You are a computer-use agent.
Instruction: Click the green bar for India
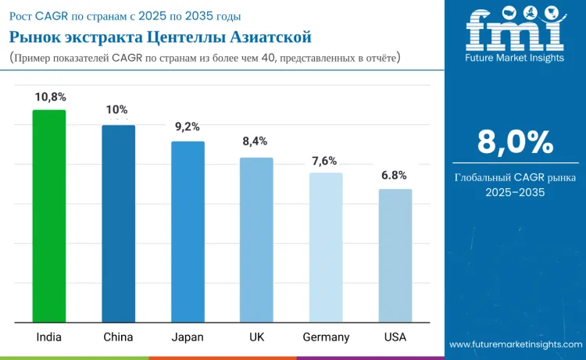click(x=48, y=216)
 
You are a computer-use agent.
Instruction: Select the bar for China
click(x=118, y=223)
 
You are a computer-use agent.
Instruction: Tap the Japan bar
click(x=188, y=231)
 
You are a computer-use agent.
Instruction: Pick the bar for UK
click(x=256, y=240)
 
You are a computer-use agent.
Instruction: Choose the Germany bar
click(x=326, y=247)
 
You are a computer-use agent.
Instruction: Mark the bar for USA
click(x=395, y=255)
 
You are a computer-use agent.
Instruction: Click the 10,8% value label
click(x=50, y=97)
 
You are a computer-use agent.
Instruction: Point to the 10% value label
click(x=117, y=110)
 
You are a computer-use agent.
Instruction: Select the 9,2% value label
click(x=187, y=127)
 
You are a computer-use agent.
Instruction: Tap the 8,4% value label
click(x=255, y=141)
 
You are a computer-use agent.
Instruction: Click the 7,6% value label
click(x=324, y=161)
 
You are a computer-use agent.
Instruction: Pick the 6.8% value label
click(x=394, y=176)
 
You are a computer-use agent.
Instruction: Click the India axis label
click(x=49, y=337)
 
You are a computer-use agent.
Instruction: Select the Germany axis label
click(x=326, y=337)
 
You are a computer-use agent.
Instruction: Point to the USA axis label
click(x=395, y=337)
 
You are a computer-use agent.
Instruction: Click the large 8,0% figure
click(x=515, y=142)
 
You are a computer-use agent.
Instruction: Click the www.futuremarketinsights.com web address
click(x=516, y=344)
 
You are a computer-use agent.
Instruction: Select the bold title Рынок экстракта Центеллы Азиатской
click(x=160, y=37)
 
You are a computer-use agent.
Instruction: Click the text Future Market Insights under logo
click(x=515, y=59)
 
